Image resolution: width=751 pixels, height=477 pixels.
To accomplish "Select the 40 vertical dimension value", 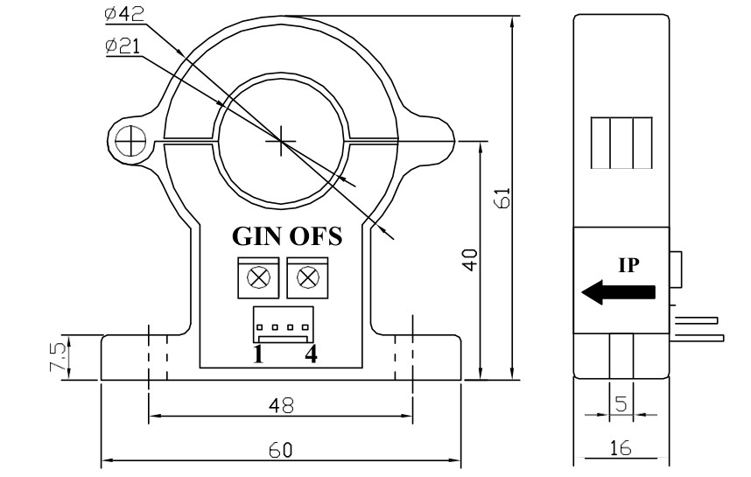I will (x=470, y=260).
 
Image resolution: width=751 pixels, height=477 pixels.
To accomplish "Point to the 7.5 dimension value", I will (x=58, y=357).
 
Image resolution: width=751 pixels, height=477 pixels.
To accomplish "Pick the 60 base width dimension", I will (x=280, y=449).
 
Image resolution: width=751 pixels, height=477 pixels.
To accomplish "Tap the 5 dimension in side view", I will (x=620, y=403).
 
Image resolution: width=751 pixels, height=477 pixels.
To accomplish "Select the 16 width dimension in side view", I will (x=620, y=447).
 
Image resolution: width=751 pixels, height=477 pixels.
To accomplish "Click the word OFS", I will (x=316, y=237).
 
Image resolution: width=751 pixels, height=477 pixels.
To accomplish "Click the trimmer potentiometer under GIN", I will (x=257, y=278).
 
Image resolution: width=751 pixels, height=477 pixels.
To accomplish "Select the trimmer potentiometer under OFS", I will (x=307, y=278).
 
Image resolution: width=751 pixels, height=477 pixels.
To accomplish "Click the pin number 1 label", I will (x=259, y=354).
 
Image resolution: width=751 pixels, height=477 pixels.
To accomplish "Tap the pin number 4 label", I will (x=308, y=354).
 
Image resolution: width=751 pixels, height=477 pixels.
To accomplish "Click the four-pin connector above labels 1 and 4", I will (x=281, y=326).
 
